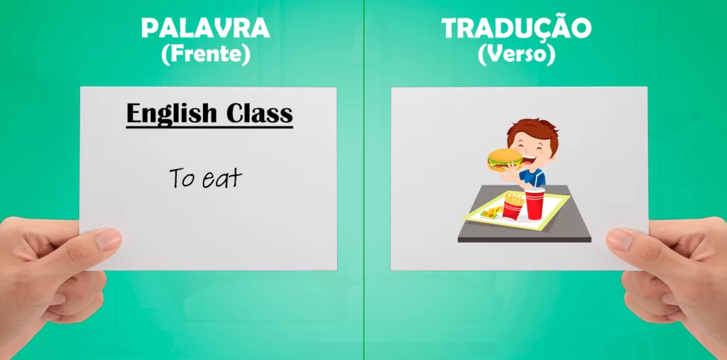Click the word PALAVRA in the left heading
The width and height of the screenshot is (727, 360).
coord(205,28)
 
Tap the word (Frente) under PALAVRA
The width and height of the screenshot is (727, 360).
coord(206,55)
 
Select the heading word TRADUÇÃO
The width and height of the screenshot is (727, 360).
coord(516,28)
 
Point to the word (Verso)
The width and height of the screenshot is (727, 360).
coord(516,55)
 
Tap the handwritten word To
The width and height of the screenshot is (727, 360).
coord(182,178)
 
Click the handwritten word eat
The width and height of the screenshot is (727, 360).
coord(222,179)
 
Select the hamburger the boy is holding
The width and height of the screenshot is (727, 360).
coord(504,159)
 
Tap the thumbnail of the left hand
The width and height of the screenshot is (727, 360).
coord(109,239)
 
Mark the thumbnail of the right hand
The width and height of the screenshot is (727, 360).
coord(618,239)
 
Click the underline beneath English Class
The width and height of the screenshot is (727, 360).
coord(209,127)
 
